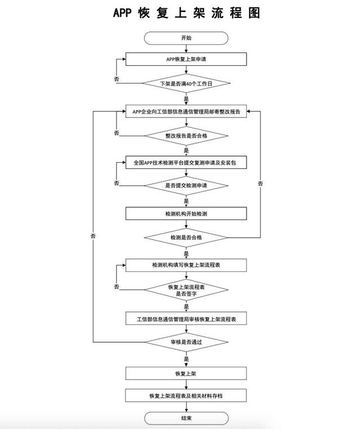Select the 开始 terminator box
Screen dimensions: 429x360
coord(186,38)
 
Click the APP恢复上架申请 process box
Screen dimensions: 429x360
coord(186,59)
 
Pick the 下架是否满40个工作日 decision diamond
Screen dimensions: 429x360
coord(186,83)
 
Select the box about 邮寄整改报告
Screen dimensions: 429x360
coord(186,111)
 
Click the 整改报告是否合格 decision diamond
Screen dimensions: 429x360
coord(186,136)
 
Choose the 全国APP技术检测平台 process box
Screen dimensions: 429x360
coord(186,163)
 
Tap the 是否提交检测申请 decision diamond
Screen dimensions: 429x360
coord(186,185)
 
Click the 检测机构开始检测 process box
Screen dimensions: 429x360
coord(186,214)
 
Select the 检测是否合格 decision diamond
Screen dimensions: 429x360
coord(186,238)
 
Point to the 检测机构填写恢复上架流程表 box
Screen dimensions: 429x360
coord(186,265)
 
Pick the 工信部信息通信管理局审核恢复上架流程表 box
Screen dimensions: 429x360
coord(186,319)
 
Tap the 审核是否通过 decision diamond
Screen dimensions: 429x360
coord(186,342)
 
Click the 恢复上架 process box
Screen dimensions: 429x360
coord(186,373)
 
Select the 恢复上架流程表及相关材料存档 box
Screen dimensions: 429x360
coord(186,396)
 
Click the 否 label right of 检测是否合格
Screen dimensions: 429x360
coord(260,184)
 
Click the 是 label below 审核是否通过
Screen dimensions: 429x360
coord(186,358)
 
